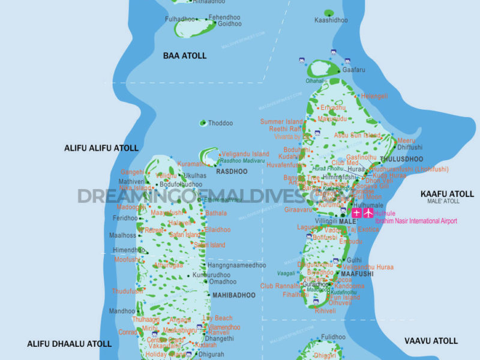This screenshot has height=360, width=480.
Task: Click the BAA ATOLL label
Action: [x=185, y=56]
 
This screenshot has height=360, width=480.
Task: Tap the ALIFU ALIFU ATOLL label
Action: [x=101, y=148]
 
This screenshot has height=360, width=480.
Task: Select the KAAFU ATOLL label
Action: [x=447, y=194]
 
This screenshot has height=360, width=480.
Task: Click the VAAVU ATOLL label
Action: [x=431, y=341]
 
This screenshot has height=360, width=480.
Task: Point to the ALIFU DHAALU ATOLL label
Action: [x=69, y=344]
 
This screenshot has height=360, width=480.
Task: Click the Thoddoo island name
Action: [x=220, y=123]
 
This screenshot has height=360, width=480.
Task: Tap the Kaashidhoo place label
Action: [x=331, y=20]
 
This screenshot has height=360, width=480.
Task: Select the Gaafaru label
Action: [x=353, y=70]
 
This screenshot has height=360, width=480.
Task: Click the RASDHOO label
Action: [x=232, y=171]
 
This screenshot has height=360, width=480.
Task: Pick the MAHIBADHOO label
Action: [x=235, y=295]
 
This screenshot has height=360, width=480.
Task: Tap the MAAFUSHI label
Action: [x=357, y=274]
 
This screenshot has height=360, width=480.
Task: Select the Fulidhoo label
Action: [x=333, y=337]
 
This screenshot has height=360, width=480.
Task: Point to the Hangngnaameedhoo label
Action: [x=236, y=265]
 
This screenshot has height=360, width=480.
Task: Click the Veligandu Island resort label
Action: [x=245, y=154]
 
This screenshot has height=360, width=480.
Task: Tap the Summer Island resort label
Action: [x=281, y=122]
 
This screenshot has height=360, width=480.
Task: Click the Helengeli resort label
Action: [x=374, y=96]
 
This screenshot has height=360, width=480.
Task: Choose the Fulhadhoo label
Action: [x=181, y=19]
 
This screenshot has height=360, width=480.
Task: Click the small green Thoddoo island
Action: [x=203, y=123]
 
